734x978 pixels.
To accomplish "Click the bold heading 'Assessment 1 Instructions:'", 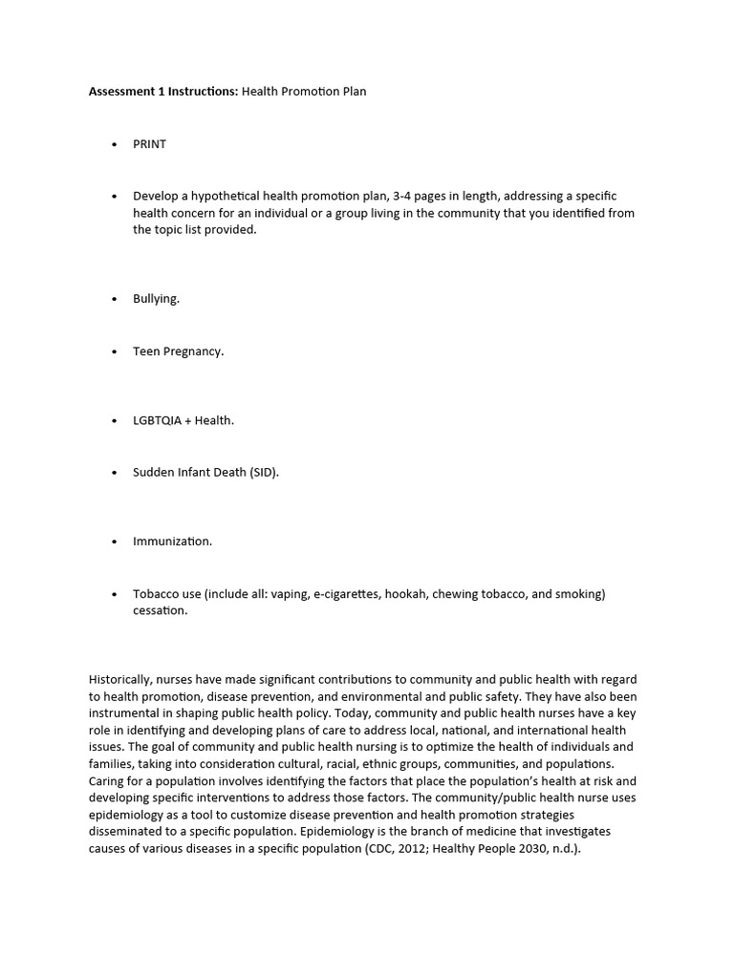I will click(x=163, y=92).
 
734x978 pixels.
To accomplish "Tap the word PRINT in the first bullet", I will click(x=149, y=144).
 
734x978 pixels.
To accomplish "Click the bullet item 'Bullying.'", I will click(x=156, y=299).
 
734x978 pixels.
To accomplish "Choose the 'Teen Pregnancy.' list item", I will click(x=178, y=351).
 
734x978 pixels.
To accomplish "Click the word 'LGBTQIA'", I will click(x=157, y=420).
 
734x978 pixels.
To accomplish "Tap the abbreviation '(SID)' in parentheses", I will click(x=265, y=473).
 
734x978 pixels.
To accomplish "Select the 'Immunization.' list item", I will click(x=172, y=542).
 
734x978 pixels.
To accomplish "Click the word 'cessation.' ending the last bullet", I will click(x=161, y=611).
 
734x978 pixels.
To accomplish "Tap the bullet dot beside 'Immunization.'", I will click(x=114, y=542).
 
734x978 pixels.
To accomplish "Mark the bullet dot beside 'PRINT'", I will click(x=114, y=144).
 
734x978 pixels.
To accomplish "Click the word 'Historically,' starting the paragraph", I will click(x=119, y=679).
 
